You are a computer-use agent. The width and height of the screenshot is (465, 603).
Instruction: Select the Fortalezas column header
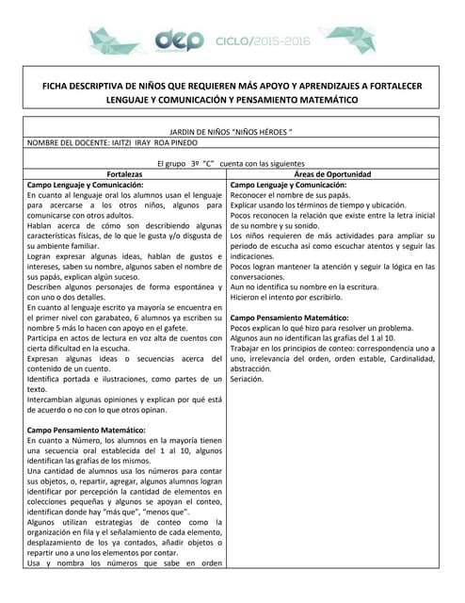pyautogui.click(x=125, y=174)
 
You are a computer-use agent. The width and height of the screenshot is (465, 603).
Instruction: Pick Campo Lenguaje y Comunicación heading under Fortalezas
pyautogui.click(x=85, y=186)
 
